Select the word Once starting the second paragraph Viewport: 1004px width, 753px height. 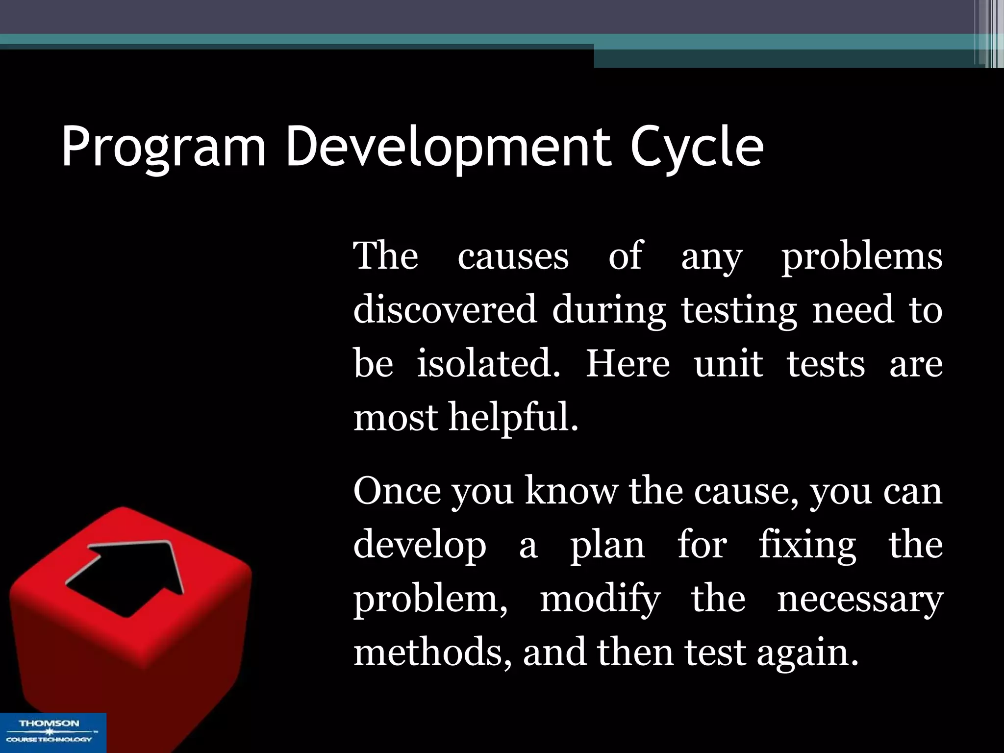(397, 491)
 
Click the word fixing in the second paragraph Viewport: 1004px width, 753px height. (807, 545)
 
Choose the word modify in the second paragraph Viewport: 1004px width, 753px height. (600, 599)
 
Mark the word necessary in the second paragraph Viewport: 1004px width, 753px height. (860, 599)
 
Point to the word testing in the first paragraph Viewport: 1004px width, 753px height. (739, 311)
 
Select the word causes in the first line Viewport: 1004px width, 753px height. (513, 256)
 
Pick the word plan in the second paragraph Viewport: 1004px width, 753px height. (607, 545)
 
